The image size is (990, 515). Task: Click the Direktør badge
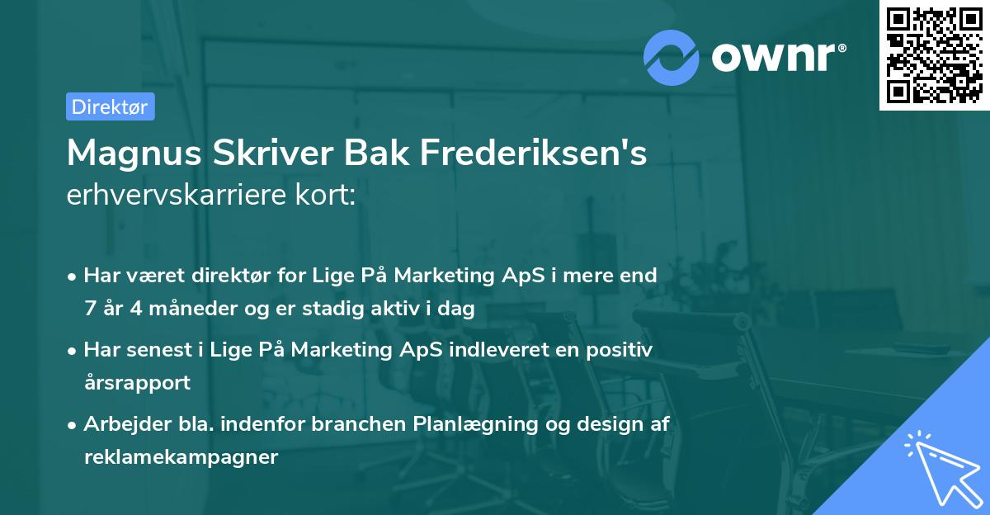point(110,106)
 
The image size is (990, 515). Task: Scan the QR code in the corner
point(932,54)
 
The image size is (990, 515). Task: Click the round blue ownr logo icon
point(672,57)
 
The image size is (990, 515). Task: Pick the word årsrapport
point(137,383)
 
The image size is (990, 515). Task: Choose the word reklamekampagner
point(181,456)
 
